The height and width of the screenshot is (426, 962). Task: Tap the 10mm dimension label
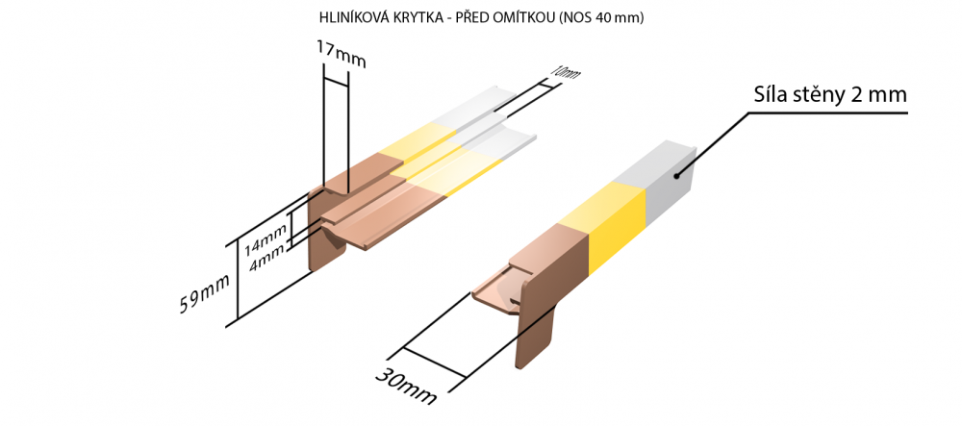point(564,73)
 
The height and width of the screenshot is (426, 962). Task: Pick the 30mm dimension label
point(406,385)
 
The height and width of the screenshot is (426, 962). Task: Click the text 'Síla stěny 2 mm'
point(830,95)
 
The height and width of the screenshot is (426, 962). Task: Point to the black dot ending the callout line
point(676,176)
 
